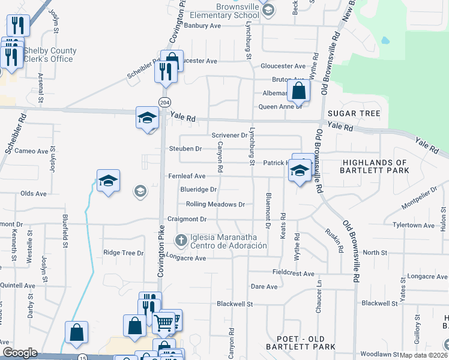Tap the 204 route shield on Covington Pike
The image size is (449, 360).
coord(164,101)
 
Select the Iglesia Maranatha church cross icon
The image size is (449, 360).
coord(180,241)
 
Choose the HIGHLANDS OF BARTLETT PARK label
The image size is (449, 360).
coord(375,167)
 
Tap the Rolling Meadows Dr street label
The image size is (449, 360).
coord(215,204)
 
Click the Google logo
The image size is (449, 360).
coord(19,352)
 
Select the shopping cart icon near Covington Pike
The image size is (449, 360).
coord(164,323)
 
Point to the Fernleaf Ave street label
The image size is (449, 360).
coord(187,176)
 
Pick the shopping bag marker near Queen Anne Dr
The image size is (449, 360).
coord(298,92)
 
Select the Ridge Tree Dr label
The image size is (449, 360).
coord(124,253)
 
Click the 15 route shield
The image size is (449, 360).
coord(82,358)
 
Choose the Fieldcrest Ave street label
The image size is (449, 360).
coord(294,274)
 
